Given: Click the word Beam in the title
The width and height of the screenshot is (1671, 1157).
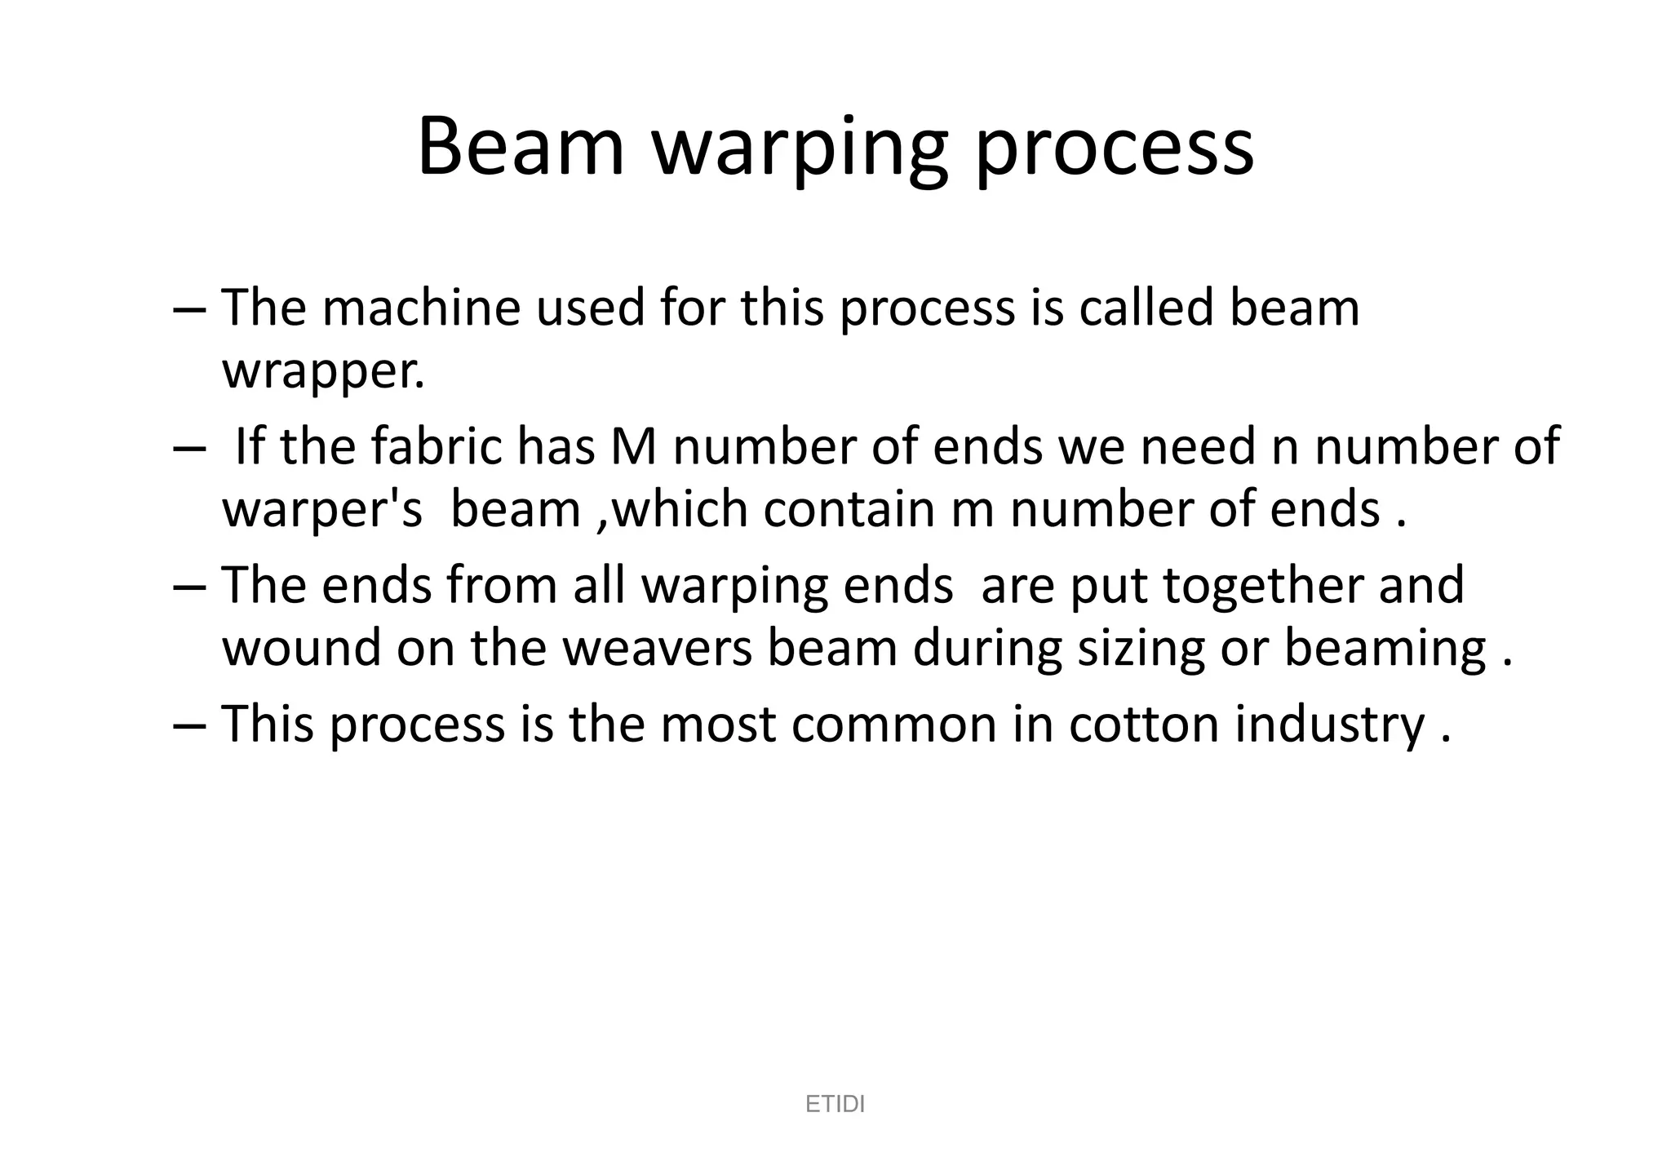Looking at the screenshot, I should point(521,147).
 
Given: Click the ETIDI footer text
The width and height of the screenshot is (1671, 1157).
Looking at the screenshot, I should point(835,1104).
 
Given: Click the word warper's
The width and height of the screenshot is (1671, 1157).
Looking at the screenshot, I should point(322,511).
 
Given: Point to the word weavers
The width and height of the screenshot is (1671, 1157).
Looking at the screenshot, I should point(658,648).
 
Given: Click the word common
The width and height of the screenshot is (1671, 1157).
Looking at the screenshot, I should point(894,725).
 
